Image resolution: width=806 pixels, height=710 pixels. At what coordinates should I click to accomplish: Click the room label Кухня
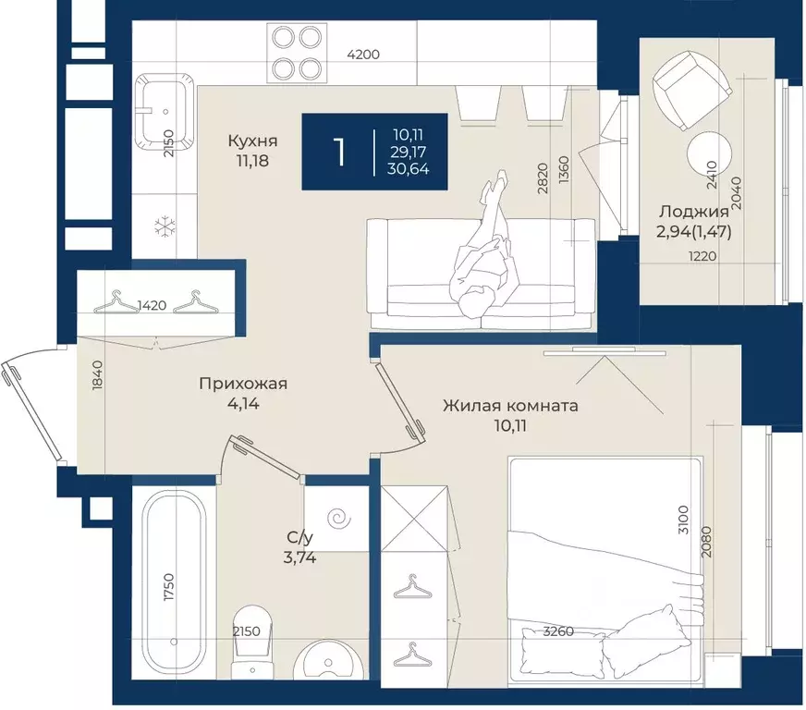pyautogui.click(x=252, y=141)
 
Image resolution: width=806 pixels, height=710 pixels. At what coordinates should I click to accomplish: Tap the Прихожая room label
pyautogui.click(x=243, y=384)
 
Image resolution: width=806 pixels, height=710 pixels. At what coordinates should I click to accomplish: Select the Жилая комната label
pyautogui.click(x=510, y=406)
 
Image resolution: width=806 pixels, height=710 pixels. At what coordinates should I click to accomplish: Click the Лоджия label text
pyautogui.click(x=694, y=212)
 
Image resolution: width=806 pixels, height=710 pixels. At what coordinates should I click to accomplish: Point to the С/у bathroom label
pyautogui.click(x=299, y=538)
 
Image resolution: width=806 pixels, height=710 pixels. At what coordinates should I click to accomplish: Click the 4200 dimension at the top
pyautogui.click(x=363, y=54)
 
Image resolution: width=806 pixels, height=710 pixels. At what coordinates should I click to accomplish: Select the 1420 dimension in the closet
pyautogui.click(x=153, y=305)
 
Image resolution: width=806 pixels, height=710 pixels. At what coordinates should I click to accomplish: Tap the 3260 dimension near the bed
pyautogui.click(x=558, y=630)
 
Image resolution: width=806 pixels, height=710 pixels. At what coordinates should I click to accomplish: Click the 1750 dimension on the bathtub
pyautogui.click(x=168, y=587)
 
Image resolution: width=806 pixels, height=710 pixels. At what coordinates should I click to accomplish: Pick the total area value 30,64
pyautogui.click(x=409, y=168)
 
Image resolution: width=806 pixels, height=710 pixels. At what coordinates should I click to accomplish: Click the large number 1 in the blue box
pyautogui.click(x=338, y=153)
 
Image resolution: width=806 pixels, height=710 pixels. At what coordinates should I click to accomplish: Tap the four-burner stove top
pyautogui.click(x=297, y=53)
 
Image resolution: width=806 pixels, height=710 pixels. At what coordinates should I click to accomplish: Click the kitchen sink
pyautogui.click(x=165, y=112)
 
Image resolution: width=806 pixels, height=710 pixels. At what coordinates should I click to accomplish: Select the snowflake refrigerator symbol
pyautogui.click(x=165, y=226)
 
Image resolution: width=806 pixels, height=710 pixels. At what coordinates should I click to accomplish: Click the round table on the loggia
pyautogui.click(x=709, y=153)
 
